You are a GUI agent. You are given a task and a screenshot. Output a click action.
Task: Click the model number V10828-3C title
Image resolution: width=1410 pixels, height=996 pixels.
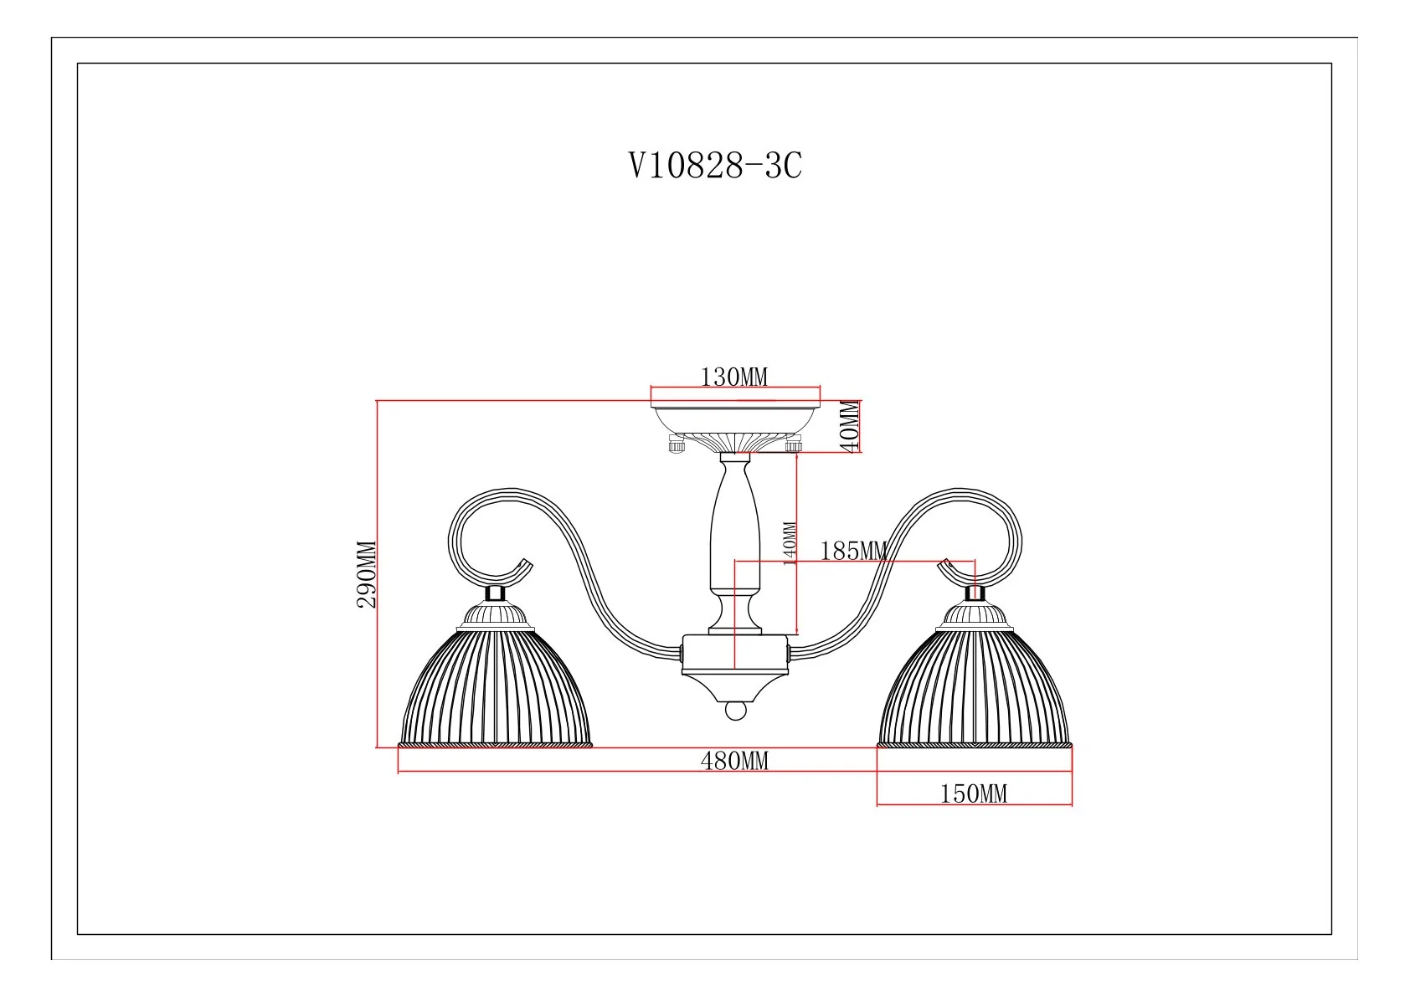pos(716,166)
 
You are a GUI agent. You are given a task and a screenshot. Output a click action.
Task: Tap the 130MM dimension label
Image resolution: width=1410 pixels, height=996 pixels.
pos(734,377)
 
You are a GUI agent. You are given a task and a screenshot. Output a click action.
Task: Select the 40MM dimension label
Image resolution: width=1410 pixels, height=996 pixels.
pos(851,426)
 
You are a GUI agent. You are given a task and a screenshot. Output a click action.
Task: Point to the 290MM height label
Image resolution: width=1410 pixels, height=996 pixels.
pos(367,574)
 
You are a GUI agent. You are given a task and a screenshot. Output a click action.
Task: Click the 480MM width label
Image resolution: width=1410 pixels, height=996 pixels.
pos(734,762)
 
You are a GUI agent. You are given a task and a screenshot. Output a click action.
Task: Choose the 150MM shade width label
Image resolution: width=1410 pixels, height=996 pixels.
pos(973,794)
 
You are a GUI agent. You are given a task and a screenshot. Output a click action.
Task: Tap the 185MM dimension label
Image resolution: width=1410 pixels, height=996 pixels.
pos(853,552)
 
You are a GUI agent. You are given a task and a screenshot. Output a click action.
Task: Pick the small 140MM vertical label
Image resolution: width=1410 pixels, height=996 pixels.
pos(790,544)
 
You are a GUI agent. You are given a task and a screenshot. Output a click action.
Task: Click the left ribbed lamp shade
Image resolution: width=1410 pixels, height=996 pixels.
pos(496,688)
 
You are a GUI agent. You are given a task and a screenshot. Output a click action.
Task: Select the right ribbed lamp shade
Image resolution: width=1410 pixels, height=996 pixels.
pos(975,688)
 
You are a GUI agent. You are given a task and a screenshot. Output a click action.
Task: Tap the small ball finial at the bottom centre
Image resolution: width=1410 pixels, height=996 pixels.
pos(735,711)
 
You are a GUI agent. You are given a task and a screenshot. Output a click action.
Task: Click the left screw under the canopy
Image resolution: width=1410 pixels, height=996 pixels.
pos(677,444)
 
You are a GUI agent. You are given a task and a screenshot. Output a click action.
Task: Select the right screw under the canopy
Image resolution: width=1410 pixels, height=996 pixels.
pos(794,444)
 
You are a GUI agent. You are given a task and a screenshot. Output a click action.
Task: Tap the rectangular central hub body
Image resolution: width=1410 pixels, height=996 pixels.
pos(735,655)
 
